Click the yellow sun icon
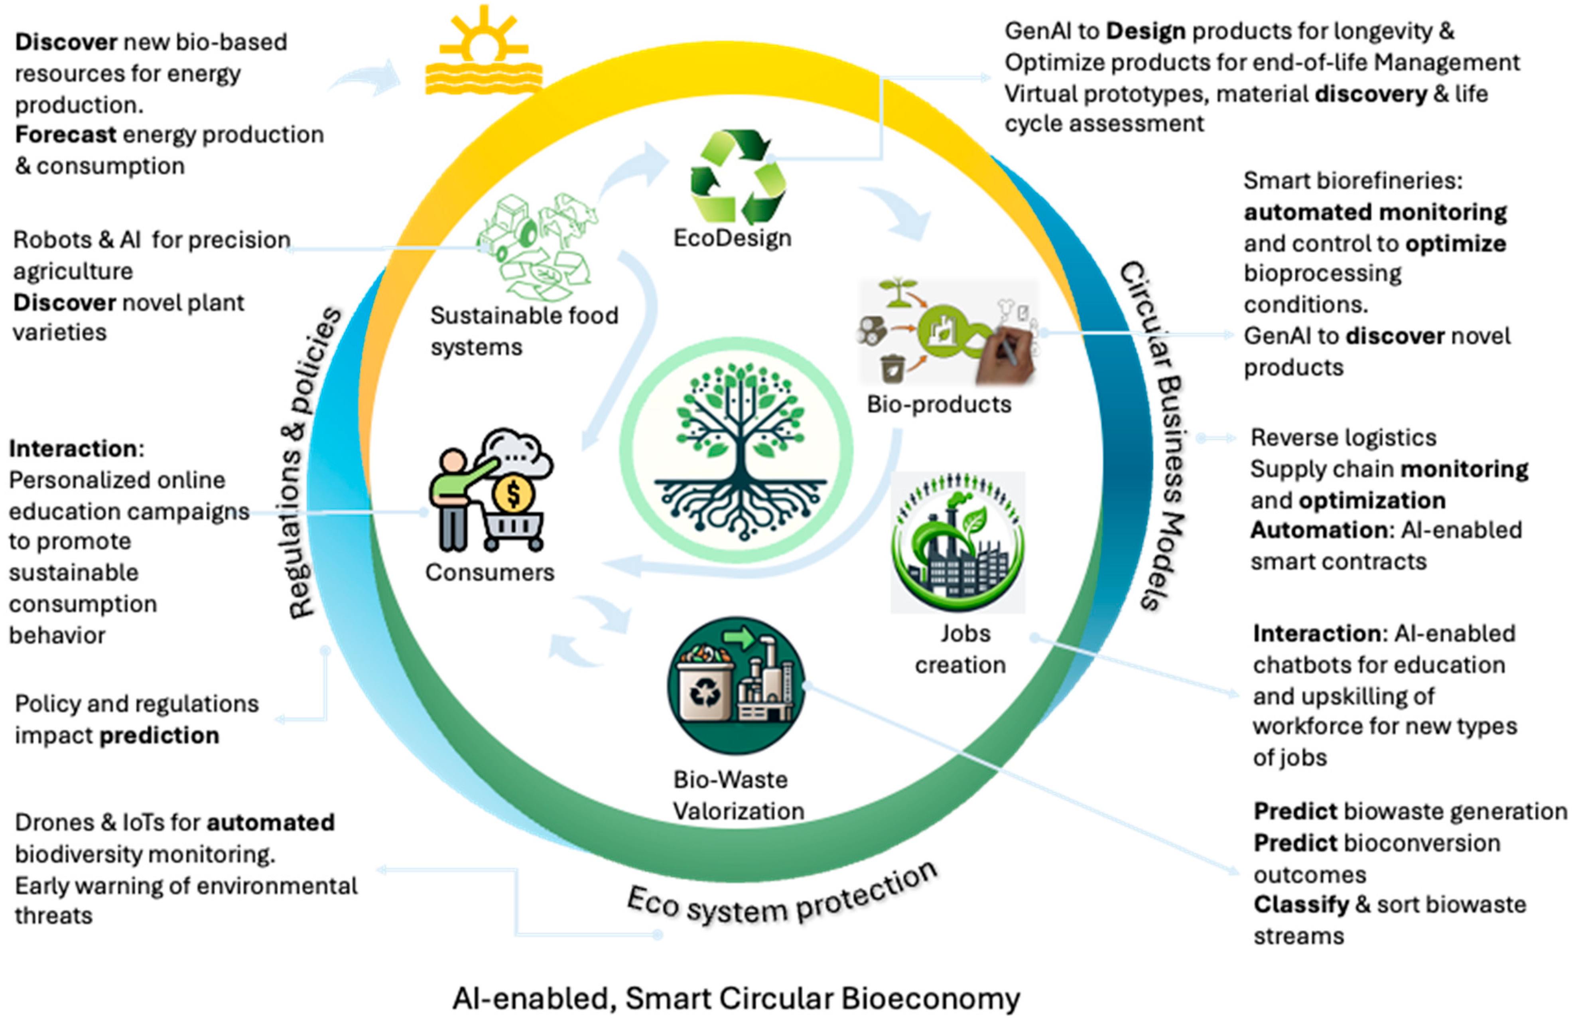click(x=483, y=49)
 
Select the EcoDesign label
click(x=732, y=238)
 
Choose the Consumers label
click(x=489, y=572)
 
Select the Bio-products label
click(x=939, y=404)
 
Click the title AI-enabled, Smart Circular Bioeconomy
click(x=736, y=998)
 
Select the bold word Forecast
click(x=65, y=135)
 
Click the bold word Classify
click(x=1300, y=904)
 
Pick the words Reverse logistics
click(x=1343, y=437)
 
